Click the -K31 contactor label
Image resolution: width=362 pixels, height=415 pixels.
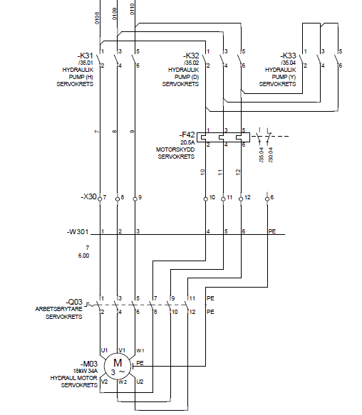(85, 56)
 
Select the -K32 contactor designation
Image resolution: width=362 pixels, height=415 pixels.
(191, 56)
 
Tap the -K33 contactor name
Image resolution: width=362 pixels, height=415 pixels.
(288, 56)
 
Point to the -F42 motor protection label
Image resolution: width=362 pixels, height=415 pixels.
(187, 135)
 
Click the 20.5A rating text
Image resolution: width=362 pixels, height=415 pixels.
(187, 142)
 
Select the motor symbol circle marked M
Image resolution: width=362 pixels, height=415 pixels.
(118, 366)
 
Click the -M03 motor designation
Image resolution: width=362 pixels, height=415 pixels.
(89, 364)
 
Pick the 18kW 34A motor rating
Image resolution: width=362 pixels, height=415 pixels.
(86, 371)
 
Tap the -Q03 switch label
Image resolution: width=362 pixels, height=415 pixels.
(74, 302)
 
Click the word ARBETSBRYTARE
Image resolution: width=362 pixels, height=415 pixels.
(59, 309)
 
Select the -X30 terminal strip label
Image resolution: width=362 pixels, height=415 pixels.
(89, 196)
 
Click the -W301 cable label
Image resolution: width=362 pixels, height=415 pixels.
(78, 232)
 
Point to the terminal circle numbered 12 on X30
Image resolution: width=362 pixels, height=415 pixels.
(241, 199)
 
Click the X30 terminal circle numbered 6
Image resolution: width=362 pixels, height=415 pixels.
(267, 199)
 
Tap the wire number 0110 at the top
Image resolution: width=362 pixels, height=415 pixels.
(133, 9)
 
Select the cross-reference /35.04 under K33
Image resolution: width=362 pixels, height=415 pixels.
(288, 63)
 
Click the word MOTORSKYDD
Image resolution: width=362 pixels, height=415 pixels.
(175, 149)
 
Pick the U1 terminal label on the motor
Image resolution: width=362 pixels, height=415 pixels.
(105, 350)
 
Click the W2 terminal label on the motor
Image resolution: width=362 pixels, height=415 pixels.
(123, 382)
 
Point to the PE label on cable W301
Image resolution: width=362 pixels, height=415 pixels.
(272, 231)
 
